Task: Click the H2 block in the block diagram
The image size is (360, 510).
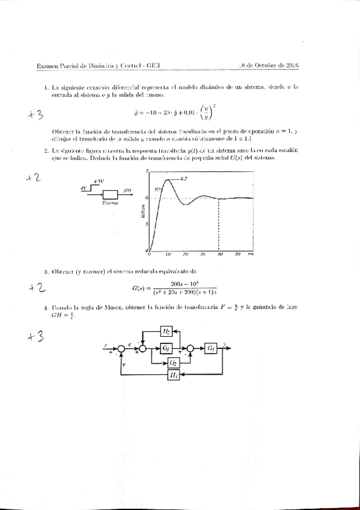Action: [x=166, y=331]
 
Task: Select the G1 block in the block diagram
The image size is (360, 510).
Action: [x=166, y=348]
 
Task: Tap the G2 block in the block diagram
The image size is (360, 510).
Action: [x=173, y=362]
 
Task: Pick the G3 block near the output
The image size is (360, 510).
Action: [x=211, y=348]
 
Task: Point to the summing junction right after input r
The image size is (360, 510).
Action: [x=121, y=348]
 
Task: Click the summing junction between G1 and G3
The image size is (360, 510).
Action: [x=191, y=348]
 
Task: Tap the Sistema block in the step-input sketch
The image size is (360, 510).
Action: [x=110, y=194]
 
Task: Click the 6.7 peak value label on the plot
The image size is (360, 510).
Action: [x=184, y=179]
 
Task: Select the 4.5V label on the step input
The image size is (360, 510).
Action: [x=100, y=182]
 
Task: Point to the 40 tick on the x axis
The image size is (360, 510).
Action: [x=220, y=254]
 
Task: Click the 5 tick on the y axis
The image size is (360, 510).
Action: [x=146, y=224]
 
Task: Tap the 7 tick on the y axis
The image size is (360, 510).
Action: [x=146, y=172]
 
